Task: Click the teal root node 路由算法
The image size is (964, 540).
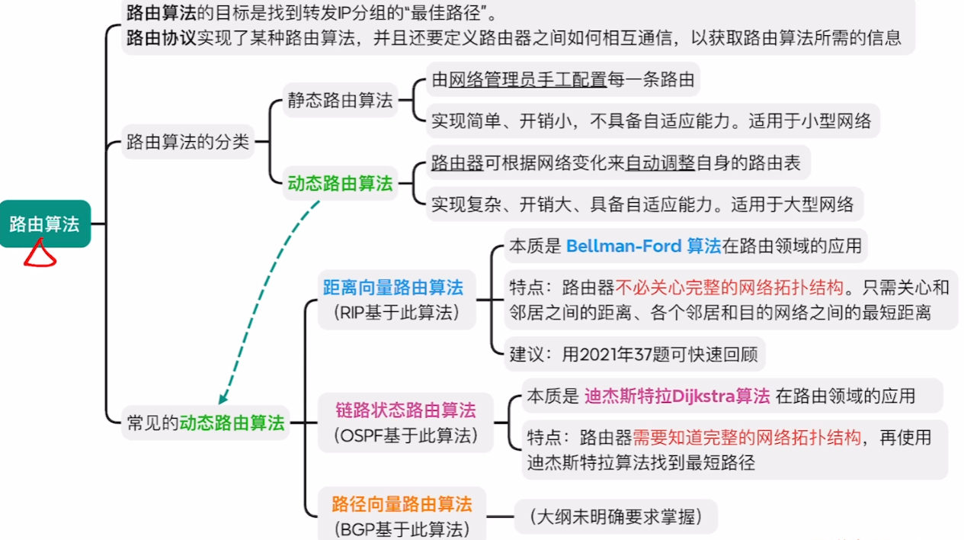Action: (x=44, y=223)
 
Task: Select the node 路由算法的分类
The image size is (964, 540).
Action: (x=187, y=141)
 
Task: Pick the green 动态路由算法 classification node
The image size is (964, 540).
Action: (x=340, y=184)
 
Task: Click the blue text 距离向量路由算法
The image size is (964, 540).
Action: (x=392, y=288)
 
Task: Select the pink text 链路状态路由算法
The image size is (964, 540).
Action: (x=405, y=410)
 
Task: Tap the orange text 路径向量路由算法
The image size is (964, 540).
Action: (x=402, y=504)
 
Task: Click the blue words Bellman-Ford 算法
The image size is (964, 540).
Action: (x=643, y=246)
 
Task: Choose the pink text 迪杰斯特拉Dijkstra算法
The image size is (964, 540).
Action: (x=677, y=396)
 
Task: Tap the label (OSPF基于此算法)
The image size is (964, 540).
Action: (x=405, y=436)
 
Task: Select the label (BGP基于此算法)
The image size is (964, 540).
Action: (x=401, y=529)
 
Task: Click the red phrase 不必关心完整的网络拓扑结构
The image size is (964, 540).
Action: (x=729, y=288)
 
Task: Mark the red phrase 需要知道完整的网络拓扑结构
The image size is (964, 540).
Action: (x=747, y=438)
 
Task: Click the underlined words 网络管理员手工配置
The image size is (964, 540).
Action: (x=527, y=79)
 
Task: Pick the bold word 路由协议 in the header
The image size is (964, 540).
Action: (x=161, y=37)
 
